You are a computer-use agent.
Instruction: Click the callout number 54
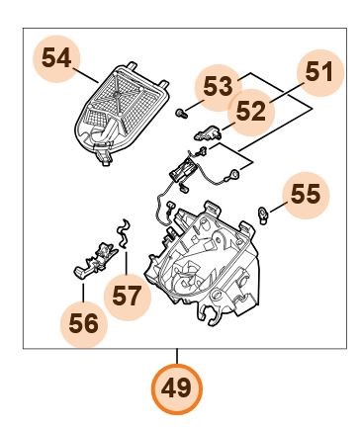pyautogui.click(x=56, y=58)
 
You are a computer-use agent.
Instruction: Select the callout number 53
pyautogui.click(x=218, y=86)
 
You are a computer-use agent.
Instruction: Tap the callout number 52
pyautogui.click(x=251, y=111)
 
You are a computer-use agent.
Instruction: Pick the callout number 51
pyautogui.click(x=318, y=72)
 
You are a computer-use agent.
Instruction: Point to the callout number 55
pyautogui.click(x=306, y=194)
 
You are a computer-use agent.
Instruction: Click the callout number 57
pyautogui.click(x=127, y=296)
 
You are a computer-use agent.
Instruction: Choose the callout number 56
pyautogui.click(x=83, y=323)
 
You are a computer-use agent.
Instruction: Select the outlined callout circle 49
pyautogui.click(x=176, y=388)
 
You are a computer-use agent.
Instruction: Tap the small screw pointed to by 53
pyautogui.click(x=181, y=114)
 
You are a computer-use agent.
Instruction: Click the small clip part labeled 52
pyautogui.click(x=209, y=132)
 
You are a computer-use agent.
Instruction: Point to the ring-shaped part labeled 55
pyautogui.click(x=263, y=215)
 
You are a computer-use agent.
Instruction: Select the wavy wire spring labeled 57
pyautogui.click(x=124, y=232)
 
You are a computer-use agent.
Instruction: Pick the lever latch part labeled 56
pyautogui.click(x=95, y=260)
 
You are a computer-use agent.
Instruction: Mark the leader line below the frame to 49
pyautogui.click(x=177, y=356)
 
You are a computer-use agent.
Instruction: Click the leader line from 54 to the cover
pyautogui.click(x=85, y=75)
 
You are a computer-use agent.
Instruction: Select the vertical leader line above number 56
pyautogui.click(x=83, y=293)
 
